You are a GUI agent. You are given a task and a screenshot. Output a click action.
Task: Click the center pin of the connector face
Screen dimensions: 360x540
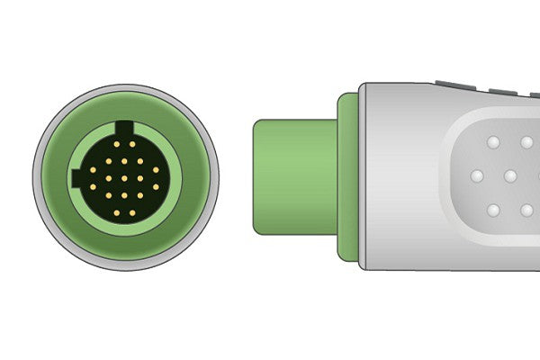(x=124, y=178)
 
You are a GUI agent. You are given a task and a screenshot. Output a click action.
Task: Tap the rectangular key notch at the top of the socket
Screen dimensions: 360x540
(x=124, y=127)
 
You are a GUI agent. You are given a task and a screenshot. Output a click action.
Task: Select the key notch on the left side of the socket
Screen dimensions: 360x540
(x=76, y=177)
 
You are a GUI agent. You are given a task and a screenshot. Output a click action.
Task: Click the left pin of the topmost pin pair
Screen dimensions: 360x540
(x=117, y=144)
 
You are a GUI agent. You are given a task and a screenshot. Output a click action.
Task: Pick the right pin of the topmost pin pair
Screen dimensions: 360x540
(x=132, y=144)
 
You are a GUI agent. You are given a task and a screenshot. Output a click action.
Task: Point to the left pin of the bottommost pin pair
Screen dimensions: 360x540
(x=117, y=212)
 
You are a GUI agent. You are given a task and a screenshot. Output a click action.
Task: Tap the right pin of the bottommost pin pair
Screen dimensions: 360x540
(x=132, y=212)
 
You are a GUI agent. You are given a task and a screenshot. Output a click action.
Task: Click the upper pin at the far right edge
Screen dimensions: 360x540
(x=156, y=170)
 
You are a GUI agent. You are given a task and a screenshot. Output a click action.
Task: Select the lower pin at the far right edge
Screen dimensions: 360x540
(x=156, y=186)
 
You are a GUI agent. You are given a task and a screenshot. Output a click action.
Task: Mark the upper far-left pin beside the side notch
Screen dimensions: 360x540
(x=93, y=170)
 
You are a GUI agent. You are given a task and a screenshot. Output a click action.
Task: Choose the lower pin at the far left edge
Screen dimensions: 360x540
(x=93, y=186)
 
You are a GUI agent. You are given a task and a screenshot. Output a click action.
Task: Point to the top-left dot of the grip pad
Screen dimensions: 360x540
(x=492, y=143)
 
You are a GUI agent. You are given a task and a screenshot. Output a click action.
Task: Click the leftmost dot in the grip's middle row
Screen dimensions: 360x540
(x=476, y=176)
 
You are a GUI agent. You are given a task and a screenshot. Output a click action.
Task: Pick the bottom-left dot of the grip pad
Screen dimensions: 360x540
(x=492, y=210)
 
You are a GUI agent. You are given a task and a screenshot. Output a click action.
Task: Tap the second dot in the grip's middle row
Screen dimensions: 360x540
(x=509, y=176)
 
